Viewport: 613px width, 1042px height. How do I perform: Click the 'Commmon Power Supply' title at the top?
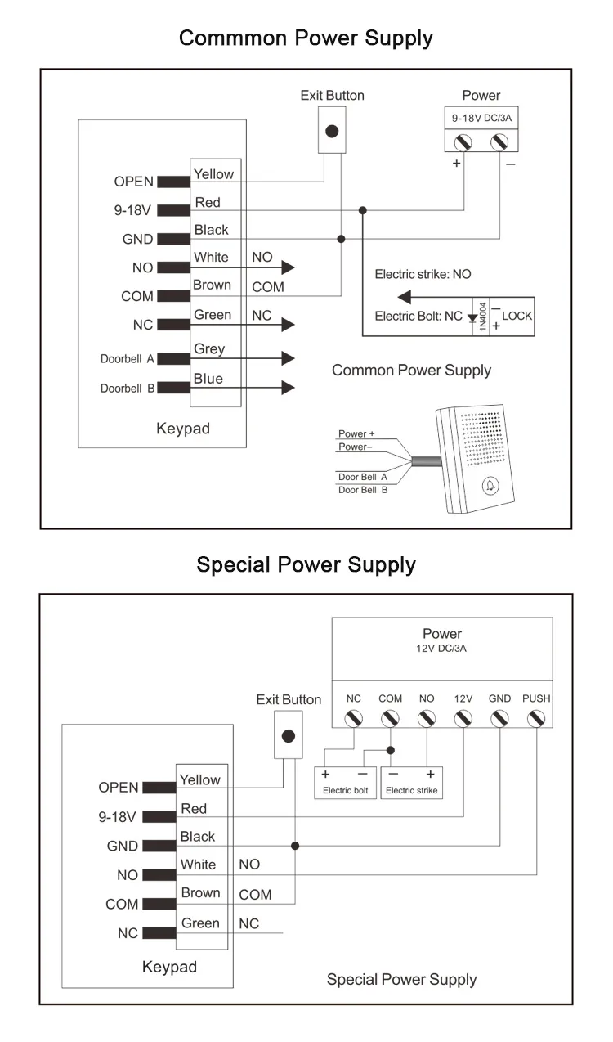tap(306, 38)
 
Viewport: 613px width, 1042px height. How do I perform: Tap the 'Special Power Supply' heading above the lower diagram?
tap(306, 564)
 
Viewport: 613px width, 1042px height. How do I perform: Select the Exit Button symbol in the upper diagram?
tap(331, 131)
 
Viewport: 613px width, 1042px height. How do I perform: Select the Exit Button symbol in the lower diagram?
tap(288, 735)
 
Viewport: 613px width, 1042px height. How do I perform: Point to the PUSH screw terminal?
tap(536, 719)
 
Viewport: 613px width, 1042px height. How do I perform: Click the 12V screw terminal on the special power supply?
tap(463, 719)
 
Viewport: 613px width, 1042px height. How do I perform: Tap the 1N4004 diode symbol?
tap(472, 317)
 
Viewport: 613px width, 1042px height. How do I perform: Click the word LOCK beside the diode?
tap(517, 316)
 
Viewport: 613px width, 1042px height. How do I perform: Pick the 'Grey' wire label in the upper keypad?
tap(209, 349)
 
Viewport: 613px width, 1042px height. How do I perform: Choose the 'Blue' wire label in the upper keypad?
tap(208, 379)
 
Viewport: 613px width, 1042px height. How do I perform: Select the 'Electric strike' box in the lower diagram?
tap(411, 783)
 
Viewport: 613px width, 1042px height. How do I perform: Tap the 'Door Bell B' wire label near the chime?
tap(363, 489)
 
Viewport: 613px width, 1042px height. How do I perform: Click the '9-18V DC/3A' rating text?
tap(481, 118)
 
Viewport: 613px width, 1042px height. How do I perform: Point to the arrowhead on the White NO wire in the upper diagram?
tap(288, 267)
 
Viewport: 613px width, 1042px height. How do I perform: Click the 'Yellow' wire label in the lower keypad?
tap(200, 779)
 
